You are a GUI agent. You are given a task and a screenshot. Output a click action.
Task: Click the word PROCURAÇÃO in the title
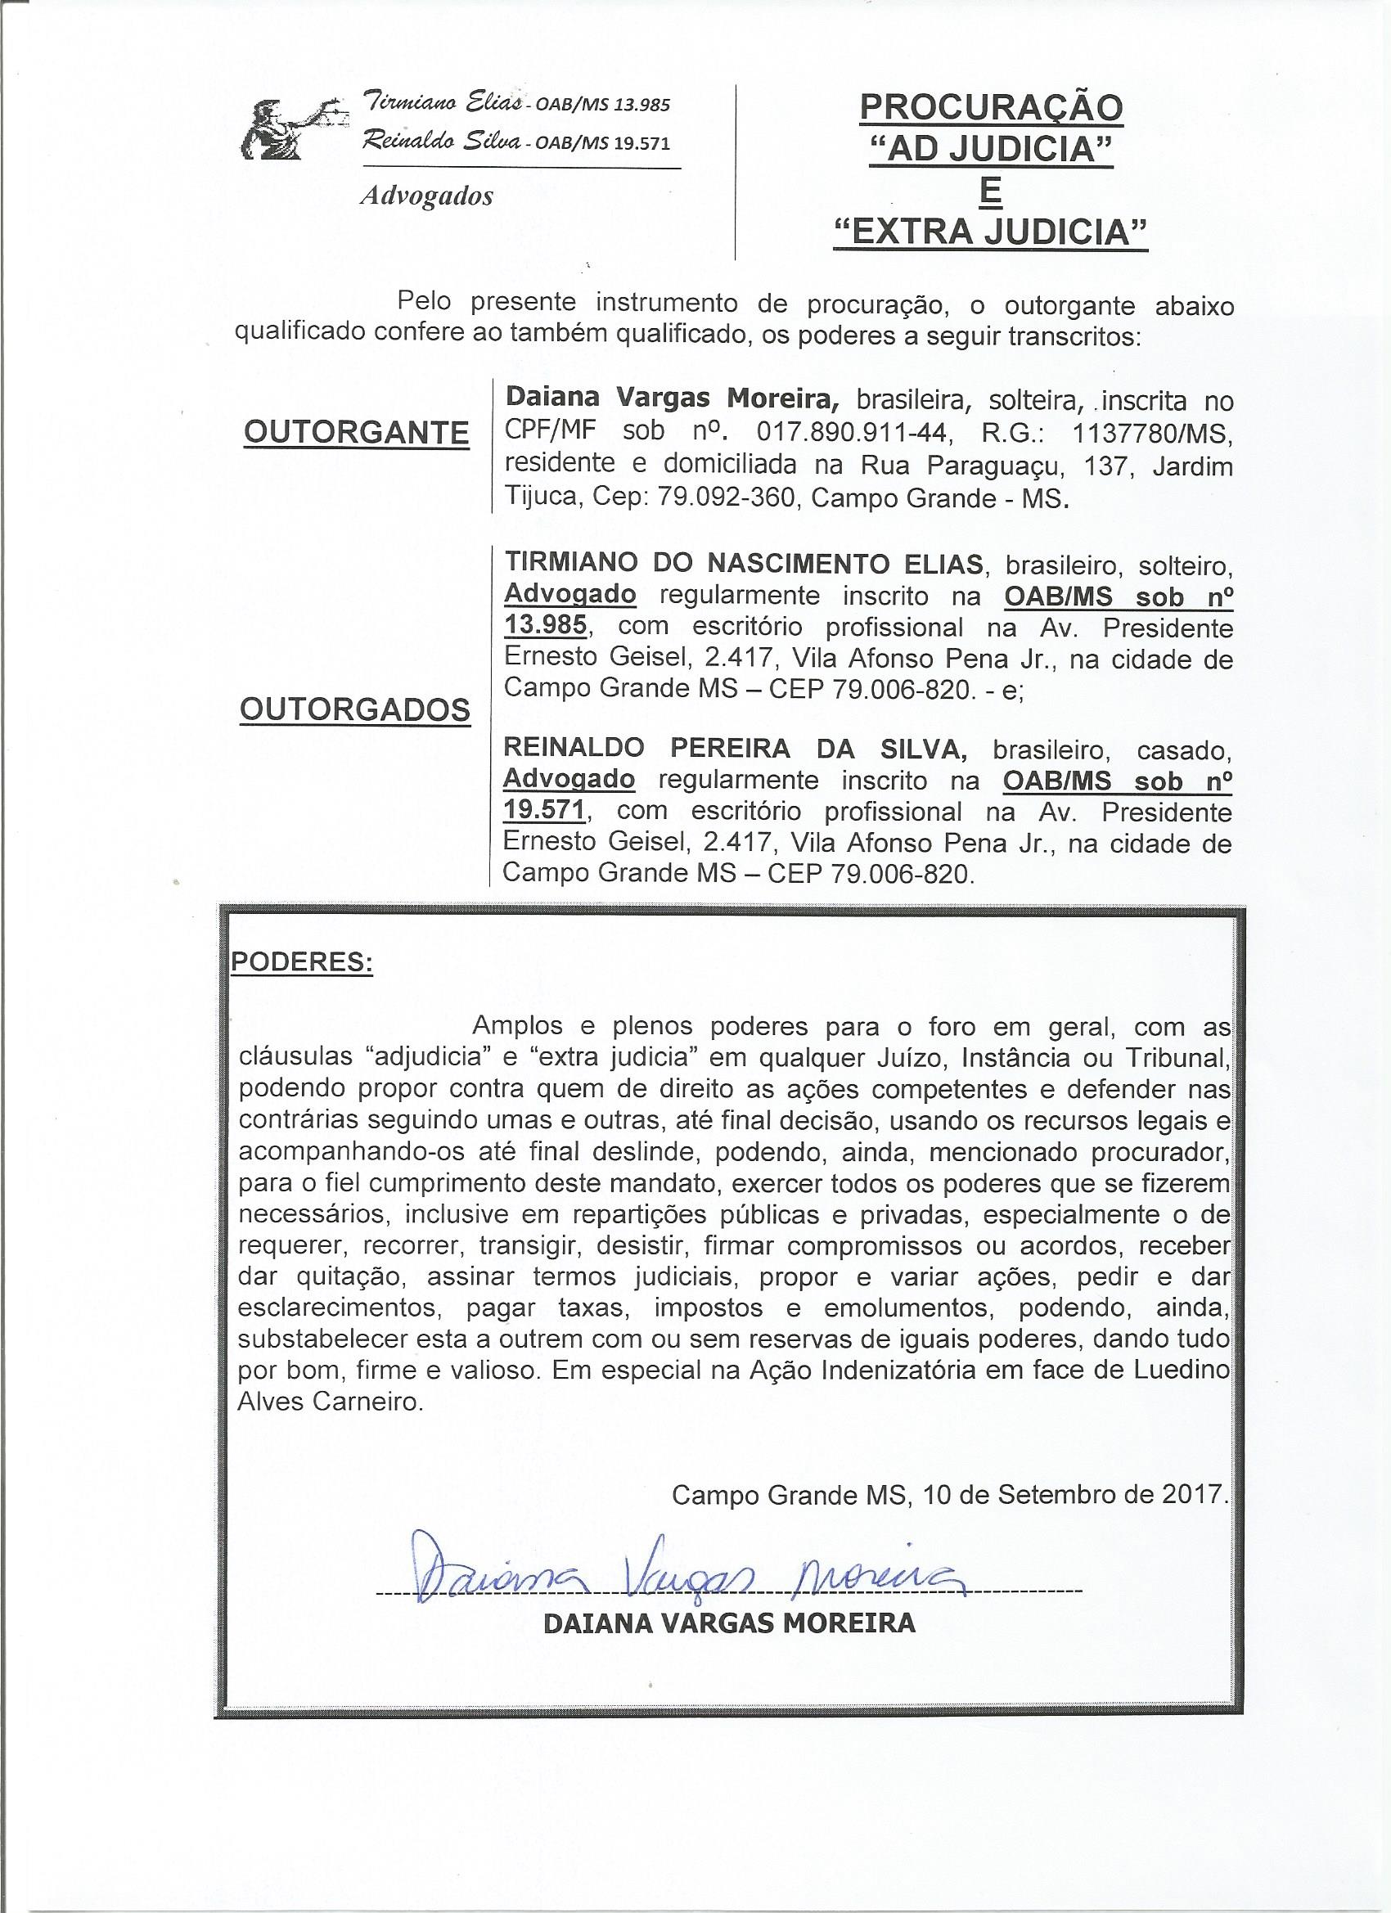tap(990, 109)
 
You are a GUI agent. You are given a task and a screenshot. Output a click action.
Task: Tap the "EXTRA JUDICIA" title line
tap(990, 232)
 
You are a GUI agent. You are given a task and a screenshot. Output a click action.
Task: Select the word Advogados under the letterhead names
tap(426, 196)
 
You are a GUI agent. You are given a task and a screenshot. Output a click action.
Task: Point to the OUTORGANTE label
tap(356, 433)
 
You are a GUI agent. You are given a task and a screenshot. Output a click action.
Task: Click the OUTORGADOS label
tap(355, 710)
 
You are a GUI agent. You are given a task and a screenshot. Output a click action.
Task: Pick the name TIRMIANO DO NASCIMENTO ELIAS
tap(743, 564)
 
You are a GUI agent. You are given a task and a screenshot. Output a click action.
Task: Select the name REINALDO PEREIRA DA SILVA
tap(734, 748)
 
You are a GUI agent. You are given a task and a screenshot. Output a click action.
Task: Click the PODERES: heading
tap(302, 962)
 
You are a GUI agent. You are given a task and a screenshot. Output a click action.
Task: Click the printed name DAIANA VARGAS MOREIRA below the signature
tap(730, 1623)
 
